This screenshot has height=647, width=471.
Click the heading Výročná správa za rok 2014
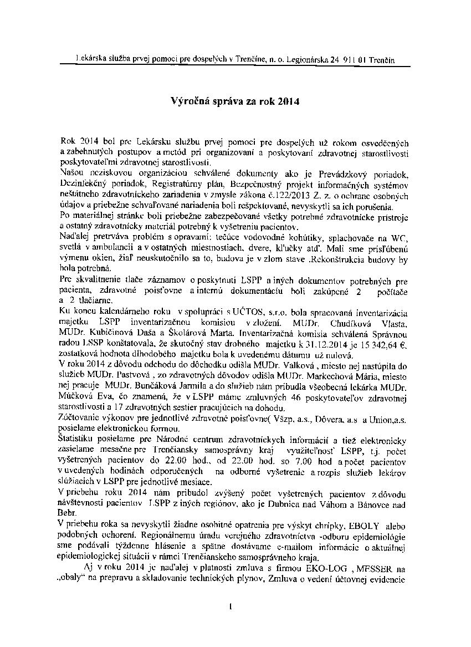click(234, 102)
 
